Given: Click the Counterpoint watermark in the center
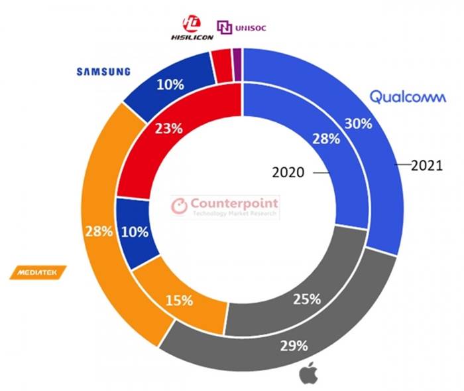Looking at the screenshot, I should coord(225,206).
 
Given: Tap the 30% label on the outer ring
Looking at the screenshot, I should coord(358,123).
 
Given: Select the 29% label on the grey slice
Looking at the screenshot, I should coord(294,345).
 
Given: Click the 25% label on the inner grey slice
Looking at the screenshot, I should coord(307,299).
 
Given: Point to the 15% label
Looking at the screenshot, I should coord(180,300).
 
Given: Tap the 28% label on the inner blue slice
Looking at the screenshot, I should coord(326,139).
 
